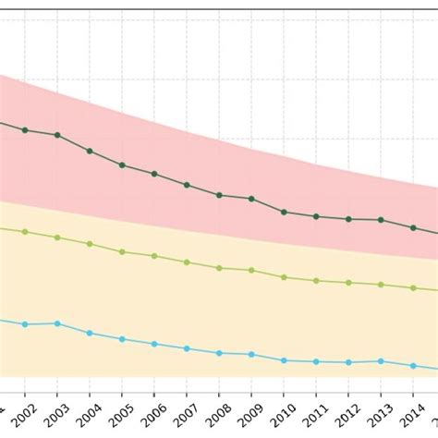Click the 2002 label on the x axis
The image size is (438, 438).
(24, 408)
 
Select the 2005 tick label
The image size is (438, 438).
(121, 408)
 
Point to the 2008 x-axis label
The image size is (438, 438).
(218, 408)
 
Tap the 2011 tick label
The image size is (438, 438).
(315, 408)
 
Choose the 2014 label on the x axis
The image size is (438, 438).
(412, 408)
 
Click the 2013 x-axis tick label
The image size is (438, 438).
(380, 408)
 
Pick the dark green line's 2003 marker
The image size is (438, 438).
(57, 135)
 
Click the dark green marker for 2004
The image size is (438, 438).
(90, 151)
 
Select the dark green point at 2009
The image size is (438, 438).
(251, 199)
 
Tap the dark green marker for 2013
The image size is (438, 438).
(381, 220)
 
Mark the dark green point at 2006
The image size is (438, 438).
(154, 174)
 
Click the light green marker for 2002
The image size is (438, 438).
(25, 232)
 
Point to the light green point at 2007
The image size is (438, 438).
(187, 262)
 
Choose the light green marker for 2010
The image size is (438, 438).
(284, 277)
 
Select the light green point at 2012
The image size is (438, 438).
(348, 283)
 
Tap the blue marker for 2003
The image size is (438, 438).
(57, 323)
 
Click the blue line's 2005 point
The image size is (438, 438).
(122, 339)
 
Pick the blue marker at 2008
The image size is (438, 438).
(219, 353)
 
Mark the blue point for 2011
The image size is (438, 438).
(316, 361)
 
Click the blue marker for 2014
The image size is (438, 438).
(413, 366)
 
